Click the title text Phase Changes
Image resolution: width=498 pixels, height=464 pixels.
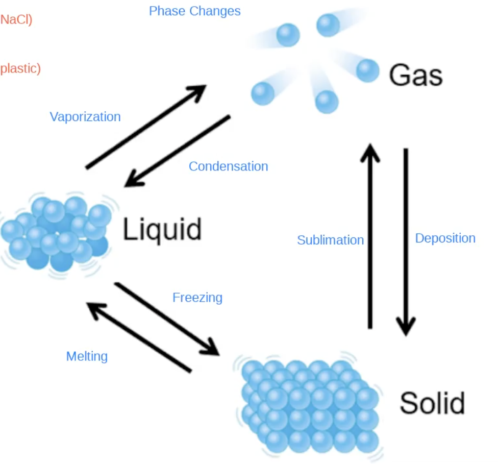click(194, 11)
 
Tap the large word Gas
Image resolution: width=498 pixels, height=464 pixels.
click(415, 76)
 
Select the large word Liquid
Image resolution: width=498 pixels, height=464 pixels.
click(162, 229)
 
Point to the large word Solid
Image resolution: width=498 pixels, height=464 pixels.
click(432, 403)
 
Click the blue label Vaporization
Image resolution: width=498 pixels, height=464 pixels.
click(85, 117)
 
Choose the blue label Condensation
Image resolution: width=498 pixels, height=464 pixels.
click(228, 166)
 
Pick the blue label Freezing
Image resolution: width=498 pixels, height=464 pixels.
click(197, 297)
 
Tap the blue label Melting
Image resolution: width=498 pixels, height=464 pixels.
click(87, 356)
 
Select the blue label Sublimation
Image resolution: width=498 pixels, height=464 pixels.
click(330, 240)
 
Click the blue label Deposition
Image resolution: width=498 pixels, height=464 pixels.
click(445, 238)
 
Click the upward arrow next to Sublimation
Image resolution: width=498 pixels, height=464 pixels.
click(370, 235)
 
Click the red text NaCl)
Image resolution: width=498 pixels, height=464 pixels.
click(16, 20)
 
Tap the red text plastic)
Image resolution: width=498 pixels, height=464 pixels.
click(20, 68)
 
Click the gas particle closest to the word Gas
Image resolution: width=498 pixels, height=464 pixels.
click(367, 70)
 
